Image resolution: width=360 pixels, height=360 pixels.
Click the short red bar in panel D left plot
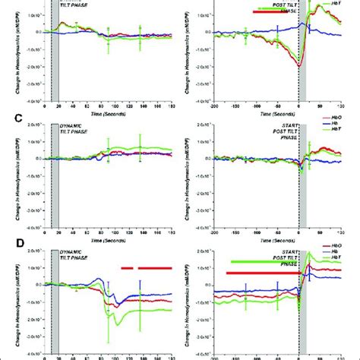tap(127, 268)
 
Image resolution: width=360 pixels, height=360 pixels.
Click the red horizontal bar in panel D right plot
tap(259, 273)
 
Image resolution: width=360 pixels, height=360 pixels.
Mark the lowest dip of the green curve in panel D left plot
tap(113, 326)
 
